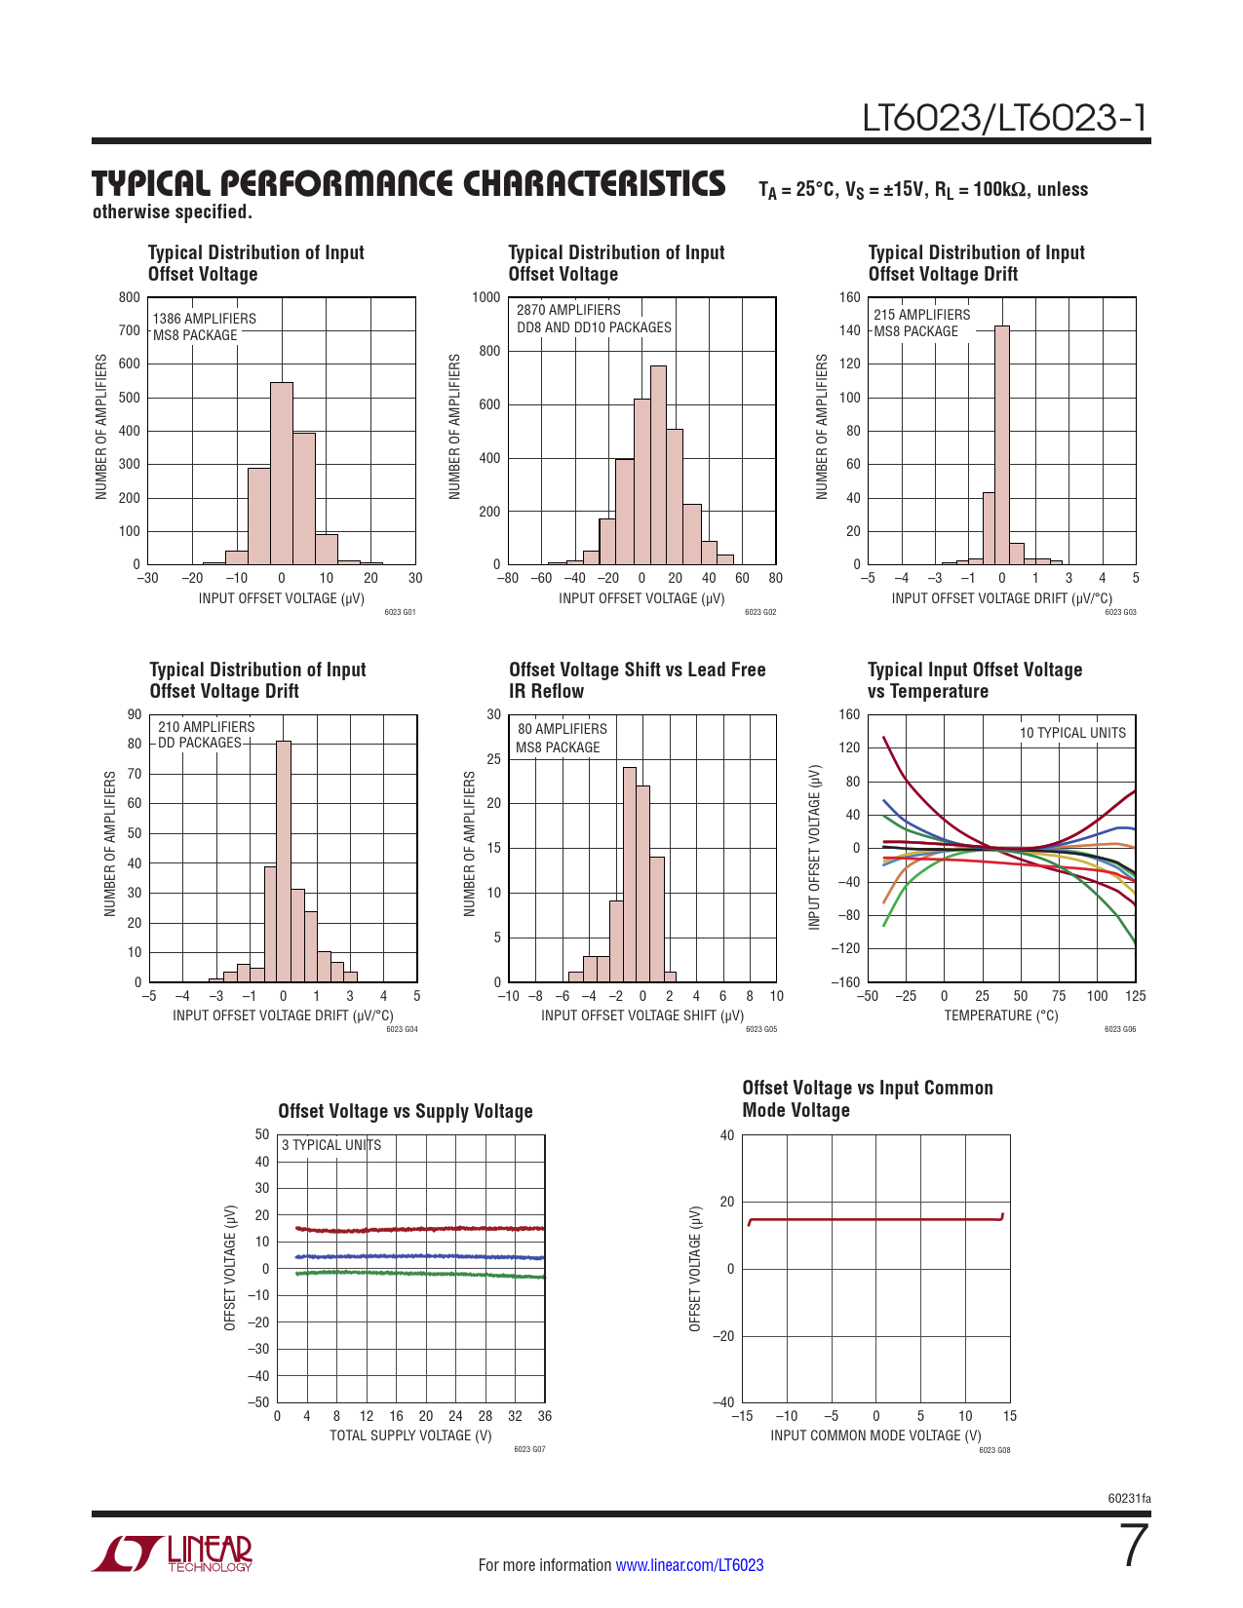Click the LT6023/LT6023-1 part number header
point(1004,118)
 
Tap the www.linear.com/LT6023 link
point(689,1565)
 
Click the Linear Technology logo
point(173,1553)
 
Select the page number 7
point(1135,1546)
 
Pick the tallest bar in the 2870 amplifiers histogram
point(658,466)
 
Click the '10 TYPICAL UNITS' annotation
point(1072,733)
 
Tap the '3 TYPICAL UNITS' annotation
point(331,1145)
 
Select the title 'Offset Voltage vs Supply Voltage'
point(406,1111)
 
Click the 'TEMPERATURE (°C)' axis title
point(1001,1015)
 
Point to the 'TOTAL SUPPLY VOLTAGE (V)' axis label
point(410,1436)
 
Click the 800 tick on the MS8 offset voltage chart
point(130,297)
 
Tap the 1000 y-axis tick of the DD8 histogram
point(486,297)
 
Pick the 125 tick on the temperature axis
point(1135,996)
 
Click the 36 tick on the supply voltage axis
point(544,1416)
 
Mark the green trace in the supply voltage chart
point(419,1274)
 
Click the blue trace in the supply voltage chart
point(419,1256)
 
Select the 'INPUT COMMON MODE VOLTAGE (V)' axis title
point(875,1436)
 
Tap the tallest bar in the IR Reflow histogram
point(629,874)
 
